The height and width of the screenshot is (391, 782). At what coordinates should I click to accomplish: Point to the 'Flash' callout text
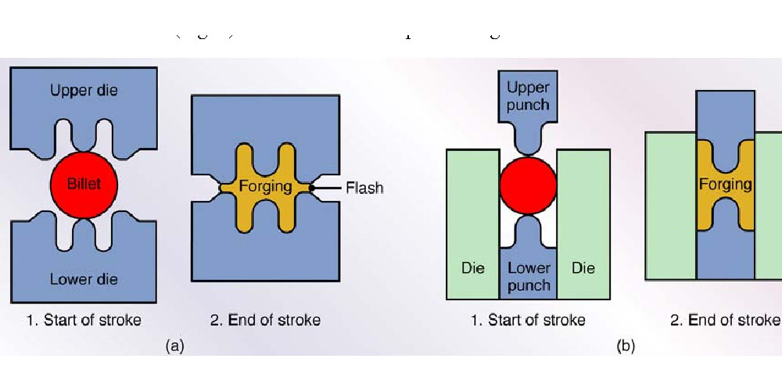pos(364,188)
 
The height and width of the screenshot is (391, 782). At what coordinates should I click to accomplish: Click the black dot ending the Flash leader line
pos(312,188)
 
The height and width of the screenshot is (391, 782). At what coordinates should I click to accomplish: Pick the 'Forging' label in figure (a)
pos(265,187)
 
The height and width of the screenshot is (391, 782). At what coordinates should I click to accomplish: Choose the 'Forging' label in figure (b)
pos(725,185)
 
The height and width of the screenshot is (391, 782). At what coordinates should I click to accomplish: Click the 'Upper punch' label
pos(529,95)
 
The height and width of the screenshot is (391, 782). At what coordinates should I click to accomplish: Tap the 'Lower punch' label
pos(529,277)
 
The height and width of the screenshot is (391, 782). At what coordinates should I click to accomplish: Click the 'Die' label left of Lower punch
pos(473,268)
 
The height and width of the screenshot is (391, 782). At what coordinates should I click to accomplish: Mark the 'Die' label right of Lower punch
pos(583,268)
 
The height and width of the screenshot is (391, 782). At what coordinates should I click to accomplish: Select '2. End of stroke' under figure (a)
pos(265,320)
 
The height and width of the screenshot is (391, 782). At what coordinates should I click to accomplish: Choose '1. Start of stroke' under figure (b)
pos(528,320)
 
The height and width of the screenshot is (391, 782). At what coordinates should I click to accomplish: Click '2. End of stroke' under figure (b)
pos(725,320)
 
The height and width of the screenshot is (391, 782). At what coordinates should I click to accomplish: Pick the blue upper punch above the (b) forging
pos(725,117)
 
